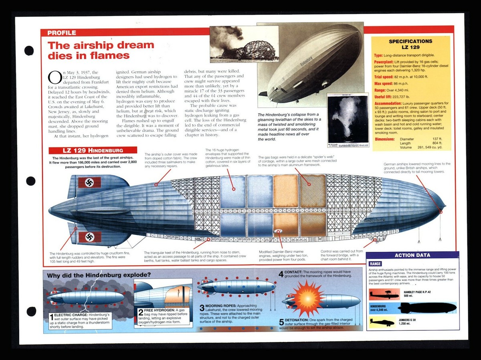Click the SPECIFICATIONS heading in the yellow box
410,41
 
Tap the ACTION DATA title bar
412,255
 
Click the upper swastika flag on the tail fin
89,183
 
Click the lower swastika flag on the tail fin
89,237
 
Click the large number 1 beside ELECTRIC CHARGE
52,318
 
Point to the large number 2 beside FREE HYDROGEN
141,313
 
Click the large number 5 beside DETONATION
281,322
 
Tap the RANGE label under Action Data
376,264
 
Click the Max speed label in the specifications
383,83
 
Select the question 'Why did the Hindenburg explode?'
99,275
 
